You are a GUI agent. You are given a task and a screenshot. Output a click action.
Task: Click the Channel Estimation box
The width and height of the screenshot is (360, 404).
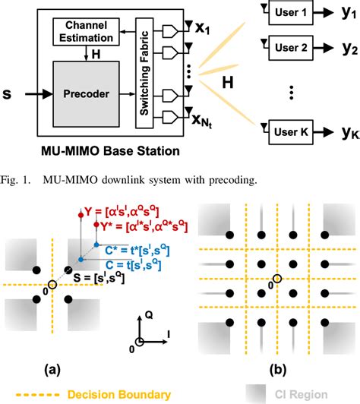[82, 32]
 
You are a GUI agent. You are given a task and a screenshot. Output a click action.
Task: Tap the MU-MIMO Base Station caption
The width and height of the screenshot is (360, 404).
[109, 151]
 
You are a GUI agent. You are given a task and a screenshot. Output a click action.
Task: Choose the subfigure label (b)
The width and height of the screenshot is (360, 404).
[278, 371]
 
